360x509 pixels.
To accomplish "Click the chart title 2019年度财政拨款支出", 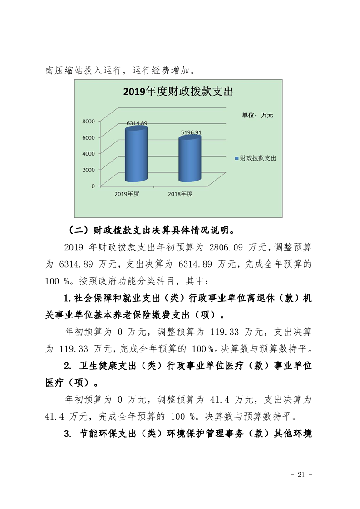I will coord(178,92).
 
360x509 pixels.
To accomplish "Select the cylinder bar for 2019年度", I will coord(136,154).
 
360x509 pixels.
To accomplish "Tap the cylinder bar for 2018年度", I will coord(189,159).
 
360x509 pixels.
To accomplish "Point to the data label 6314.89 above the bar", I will coord(137,123).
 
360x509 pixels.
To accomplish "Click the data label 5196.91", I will coord(191,132).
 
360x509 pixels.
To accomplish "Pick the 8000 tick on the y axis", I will coord(88,121).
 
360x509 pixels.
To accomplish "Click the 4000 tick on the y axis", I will coord(88,153).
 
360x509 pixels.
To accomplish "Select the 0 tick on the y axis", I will coord(93,186).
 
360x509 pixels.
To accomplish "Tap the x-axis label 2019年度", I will coord(127,194).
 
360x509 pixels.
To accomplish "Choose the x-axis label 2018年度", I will coord(180,194).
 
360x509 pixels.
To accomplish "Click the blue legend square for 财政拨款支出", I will coord(237,158).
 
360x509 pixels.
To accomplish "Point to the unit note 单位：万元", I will coord(257,115).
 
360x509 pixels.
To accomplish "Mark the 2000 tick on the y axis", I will coord(88,170).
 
